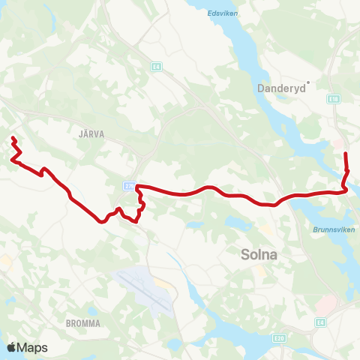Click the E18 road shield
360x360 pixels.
334,98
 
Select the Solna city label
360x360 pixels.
259,254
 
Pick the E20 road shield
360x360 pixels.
279,338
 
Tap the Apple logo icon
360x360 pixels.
10,347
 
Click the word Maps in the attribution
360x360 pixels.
32,347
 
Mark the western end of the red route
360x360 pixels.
13,138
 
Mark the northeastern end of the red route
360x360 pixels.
346,154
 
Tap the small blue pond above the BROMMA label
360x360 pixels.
91,310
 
